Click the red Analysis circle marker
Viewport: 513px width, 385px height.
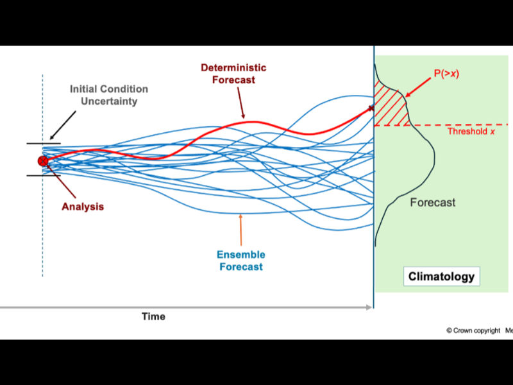click(x=43, y=161)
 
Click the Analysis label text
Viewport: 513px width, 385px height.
click(x=83, y=207)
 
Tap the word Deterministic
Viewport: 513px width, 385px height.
click(x=233, y=68)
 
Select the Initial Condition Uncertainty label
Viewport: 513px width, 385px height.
click(x=109, y=95)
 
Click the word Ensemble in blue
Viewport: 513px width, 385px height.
click(x=241, y=254)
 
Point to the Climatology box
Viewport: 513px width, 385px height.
click(x=441, y=277)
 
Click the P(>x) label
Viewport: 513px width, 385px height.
click(x=446, y=73)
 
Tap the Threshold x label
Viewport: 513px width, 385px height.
click(x=471, y=132)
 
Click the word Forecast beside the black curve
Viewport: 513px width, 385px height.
click(x=432, y=202)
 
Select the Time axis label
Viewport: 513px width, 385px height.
click(x=153, y=316)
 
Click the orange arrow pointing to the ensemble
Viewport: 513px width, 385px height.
click(x=241, y=230)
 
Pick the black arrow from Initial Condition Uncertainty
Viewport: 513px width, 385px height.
click(x=63, y=125)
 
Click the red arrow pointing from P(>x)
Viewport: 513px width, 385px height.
click(x=418, y=87)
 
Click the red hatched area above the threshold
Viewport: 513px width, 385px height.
click(x=390, y=107)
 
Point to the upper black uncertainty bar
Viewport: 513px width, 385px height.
click(x=44, y=143)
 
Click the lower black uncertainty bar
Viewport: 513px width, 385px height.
click(x=44, y=175)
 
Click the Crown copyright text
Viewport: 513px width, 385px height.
click(x=473, y=330)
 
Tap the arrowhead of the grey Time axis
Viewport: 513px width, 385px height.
click(x=369, y=307)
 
